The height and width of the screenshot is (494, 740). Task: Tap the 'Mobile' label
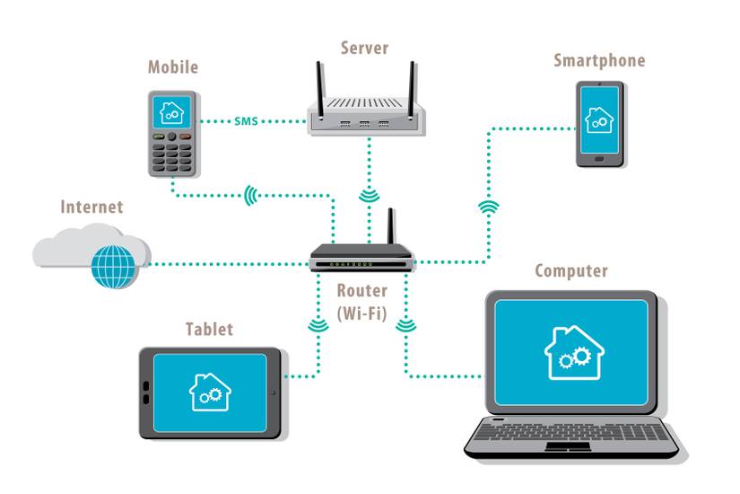tap(172, 67)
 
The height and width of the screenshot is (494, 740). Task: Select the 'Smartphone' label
tap(598, 61)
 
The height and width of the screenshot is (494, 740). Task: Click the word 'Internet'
tap(91, 207)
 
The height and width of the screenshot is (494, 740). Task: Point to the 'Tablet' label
tap(208, 330)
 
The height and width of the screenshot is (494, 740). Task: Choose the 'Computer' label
tap(570, 270)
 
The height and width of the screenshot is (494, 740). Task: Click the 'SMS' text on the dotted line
tap(246, 120)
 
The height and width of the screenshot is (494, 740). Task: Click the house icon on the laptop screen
tap(570, 352)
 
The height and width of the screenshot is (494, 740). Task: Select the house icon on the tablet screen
tap(210, 392)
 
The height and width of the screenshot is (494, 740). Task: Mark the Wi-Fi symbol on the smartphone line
tap(489, 208)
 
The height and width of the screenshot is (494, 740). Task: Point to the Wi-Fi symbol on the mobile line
tap(251, 194)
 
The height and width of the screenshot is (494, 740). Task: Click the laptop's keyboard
tap(573, 434)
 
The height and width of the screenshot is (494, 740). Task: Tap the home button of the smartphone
tap(599, 159)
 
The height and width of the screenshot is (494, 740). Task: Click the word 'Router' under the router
tap(362, 291)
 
